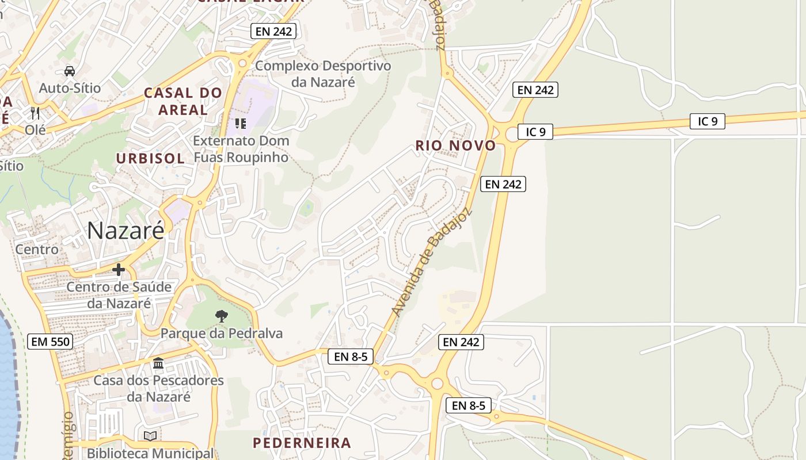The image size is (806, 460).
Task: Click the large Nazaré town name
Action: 126,230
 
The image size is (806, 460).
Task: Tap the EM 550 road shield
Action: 50,342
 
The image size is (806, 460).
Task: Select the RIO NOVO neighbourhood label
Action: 455,145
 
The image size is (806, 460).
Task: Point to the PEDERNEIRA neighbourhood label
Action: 302,443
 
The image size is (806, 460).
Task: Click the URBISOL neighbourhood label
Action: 150,158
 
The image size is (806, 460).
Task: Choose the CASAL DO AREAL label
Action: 183,101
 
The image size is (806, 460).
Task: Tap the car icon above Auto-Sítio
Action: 70,71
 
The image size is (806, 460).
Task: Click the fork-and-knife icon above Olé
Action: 35,113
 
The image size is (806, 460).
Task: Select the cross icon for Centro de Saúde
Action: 119,269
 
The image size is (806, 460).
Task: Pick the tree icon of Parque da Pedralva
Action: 221,316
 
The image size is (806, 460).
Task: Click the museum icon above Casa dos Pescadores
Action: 158,363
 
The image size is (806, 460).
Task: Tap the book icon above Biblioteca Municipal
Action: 150,436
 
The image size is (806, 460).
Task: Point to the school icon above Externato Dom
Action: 241,123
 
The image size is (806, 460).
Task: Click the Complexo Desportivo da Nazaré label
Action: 323,74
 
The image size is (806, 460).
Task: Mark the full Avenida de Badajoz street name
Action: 432,262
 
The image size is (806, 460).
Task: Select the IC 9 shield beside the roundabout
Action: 535,132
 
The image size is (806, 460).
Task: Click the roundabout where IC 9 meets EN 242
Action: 512,135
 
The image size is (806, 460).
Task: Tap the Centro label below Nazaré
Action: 37,250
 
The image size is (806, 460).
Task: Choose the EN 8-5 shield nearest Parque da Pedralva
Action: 351,356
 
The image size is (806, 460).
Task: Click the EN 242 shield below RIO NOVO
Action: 503,184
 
